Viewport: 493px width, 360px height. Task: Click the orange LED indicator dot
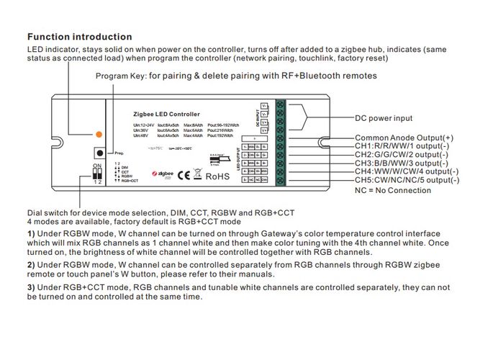click(x=98, y=135)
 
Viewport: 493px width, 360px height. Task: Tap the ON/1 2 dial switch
click(x=98, y=172)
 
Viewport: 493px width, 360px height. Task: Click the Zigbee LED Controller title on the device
click(x=166, y=114)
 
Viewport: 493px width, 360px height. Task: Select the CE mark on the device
click(x=184, y=174)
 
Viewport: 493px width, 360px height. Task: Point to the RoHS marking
click(x=217, y=174)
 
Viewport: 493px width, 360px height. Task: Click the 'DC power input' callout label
click(x=384, y=118)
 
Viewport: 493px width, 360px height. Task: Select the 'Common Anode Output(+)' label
click(x=404, y=138)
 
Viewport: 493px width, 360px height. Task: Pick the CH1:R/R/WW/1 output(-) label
click(x=404, y=146)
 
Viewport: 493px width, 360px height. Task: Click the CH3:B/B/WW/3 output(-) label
click(x=404, y=163)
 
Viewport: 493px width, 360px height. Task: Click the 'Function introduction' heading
click(x=79, y=37)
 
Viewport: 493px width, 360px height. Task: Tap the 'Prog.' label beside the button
click(x=119, y=154)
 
